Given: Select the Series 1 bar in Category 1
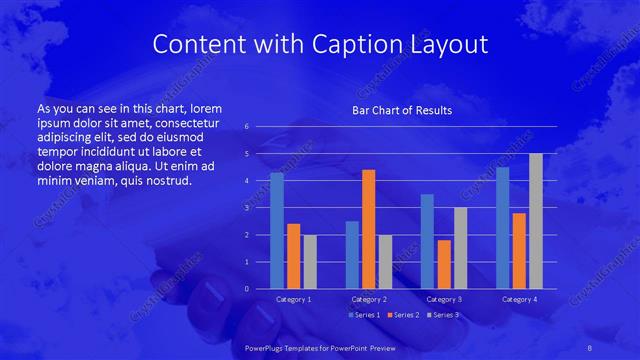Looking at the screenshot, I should pyautogui.click(x=277, y=231).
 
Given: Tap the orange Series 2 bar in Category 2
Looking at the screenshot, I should pyautogui.click(x=368, y=229).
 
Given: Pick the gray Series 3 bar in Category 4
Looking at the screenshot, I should pyautogui.click(x=535, y=221).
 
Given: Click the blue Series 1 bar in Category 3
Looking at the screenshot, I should pyautogui.click(x=427, y=241).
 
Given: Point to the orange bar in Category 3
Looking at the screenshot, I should pyautogui.click(x=444, y=264).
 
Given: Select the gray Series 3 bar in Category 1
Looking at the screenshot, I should pyautogui.click(x=310, y=262).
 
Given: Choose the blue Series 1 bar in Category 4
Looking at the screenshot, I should pyautogui.click(x=502, y=228).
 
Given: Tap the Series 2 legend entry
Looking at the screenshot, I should pyautogui.click(x=402, y=315).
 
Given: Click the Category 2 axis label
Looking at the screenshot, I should pyautogui.click(x=369, y=299).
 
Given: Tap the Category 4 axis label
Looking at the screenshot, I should pyautogui.click(x=518, y=299).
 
